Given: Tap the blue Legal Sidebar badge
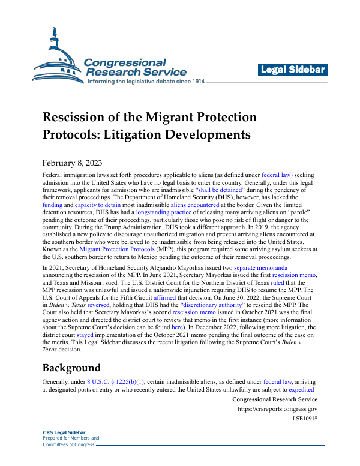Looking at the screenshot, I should tap(293, 70).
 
